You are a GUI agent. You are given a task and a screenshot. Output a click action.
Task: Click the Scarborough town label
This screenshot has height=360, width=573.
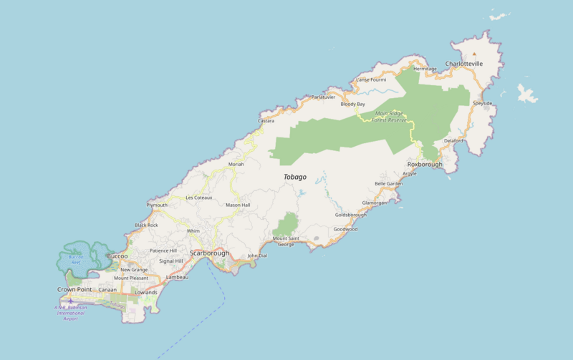coord(209,253)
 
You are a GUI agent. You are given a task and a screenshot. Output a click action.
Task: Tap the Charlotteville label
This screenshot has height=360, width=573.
coord(464,64)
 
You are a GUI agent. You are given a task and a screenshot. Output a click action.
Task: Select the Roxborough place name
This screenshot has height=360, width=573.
coord(425,165)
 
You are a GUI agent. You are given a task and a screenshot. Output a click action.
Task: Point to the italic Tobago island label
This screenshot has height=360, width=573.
coord(294,177)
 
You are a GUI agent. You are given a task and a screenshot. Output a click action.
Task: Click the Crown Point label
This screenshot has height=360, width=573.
coord(75,289)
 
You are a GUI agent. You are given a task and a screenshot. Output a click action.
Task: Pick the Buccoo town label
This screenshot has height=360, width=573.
coord(117,256)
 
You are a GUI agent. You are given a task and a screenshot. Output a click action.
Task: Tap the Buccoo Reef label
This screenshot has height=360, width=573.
coord(76,260)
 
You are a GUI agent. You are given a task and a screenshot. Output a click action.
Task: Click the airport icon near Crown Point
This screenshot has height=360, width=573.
coord(70,301)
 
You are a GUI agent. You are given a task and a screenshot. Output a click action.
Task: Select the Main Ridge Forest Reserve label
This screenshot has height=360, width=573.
coord(389,117)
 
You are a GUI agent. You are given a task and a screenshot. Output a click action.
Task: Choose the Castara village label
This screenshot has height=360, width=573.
coord(266,121)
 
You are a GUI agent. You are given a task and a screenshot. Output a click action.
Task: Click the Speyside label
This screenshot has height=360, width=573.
coord(482,103)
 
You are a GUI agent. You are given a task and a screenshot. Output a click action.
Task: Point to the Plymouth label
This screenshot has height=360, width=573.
coord(157,205)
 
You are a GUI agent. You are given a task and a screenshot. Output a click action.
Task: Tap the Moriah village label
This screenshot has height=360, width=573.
coord(236,164)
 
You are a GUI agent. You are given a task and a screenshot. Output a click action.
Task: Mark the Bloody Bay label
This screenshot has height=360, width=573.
coord(352,104)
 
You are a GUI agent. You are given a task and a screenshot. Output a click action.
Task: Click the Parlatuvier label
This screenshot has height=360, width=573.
coord(323,97)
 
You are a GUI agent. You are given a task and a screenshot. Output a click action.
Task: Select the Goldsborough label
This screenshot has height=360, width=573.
coord(350,215)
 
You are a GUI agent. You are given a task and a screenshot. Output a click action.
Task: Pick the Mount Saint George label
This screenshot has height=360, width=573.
coord(286,241)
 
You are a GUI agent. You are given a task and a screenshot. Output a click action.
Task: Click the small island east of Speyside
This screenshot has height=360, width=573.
coord(527,94)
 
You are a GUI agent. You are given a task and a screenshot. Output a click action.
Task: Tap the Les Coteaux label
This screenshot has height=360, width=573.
coord(198,198)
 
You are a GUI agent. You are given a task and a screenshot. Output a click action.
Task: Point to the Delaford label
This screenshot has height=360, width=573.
coord(453,140)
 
